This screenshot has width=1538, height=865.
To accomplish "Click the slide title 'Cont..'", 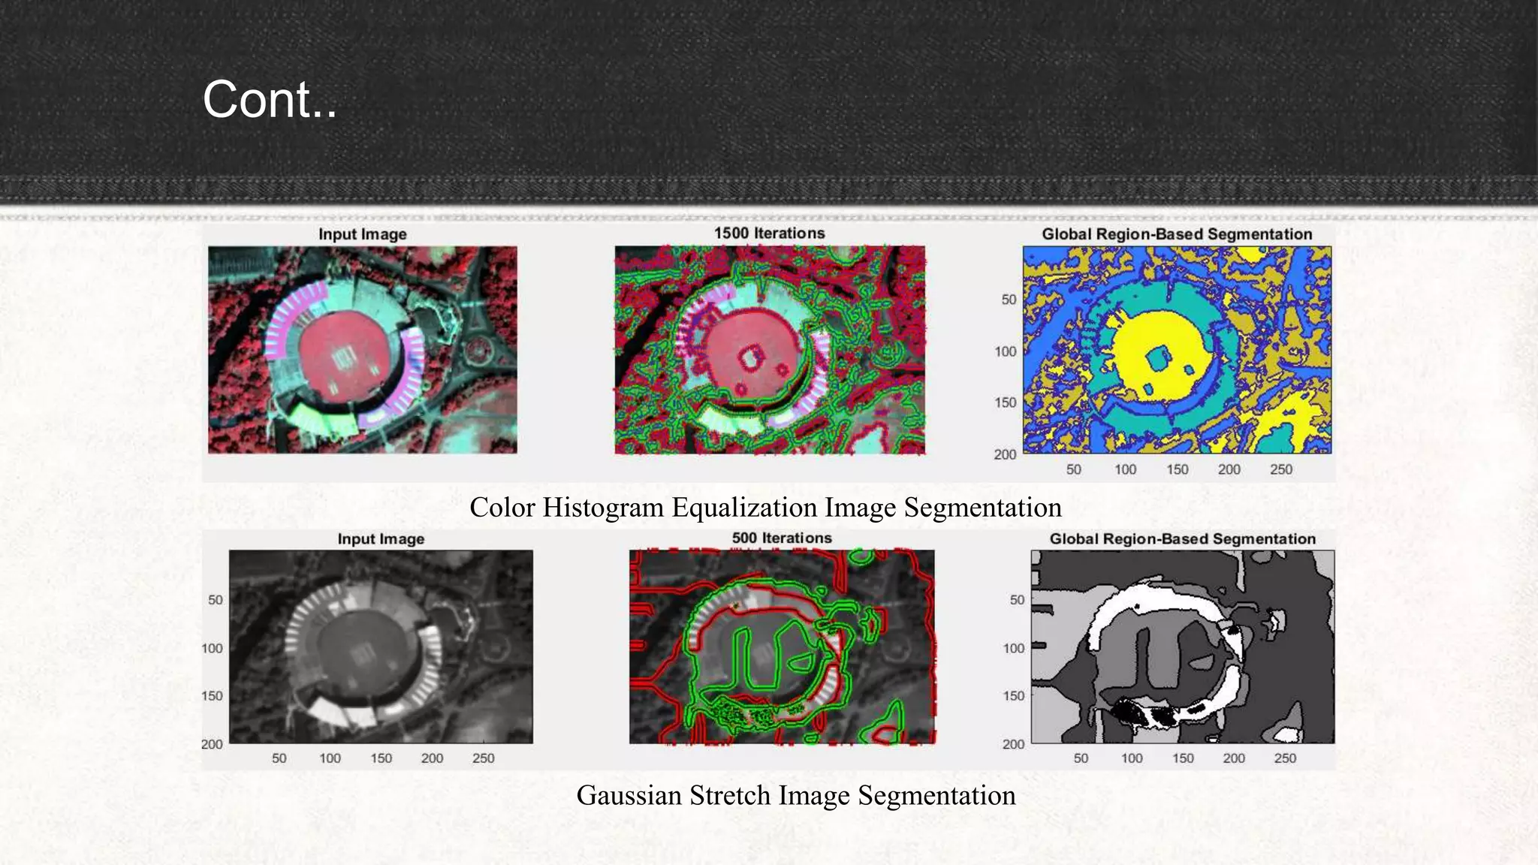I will click(270, 99).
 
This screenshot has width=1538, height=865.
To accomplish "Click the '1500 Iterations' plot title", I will click(769, 234).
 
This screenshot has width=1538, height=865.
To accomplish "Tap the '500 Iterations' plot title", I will click(782, 538).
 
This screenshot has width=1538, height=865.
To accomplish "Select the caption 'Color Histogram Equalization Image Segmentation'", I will click(765, 508).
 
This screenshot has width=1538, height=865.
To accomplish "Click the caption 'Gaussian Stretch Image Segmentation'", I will click(796, 795).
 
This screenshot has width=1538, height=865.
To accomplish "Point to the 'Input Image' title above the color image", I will click(362, 234).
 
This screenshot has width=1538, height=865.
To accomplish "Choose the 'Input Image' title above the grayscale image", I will click(381, 539).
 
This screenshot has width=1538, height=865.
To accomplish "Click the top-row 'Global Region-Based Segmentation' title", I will click(1177, 234).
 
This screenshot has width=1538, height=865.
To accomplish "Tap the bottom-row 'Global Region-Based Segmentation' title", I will click(1182, 539).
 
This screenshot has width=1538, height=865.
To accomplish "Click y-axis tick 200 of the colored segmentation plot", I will click(1005, 454).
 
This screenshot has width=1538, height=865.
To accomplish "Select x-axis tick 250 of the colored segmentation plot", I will click(1281, 469).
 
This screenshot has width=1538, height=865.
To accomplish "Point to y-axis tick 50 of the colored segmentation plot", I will click(1009, 300).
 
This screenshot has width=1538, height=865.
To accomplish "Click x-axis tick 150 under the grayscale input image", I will click(381, 758).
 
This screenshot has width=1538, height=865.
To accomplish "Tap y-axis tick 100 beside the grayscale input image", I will click(212, 648).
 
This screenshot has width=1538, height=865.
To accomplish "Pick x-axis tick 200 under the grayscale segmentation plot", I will click(1234, 758).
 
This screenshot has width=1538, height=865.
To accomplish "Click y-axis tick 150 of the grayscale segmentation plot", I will click(1013, 696).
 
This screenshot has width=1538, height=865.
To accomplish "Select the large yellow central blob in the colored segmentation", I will click(1160, 334).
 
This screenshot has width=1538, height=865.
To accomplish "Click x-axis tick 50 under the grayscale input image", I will click(279, 758).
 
